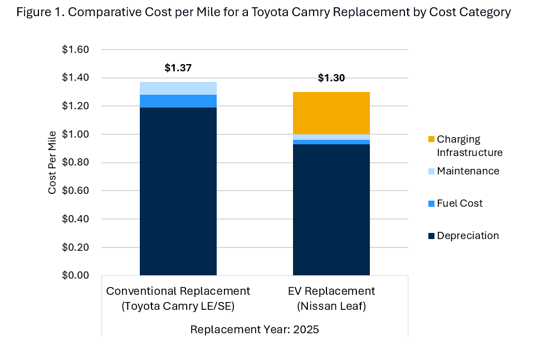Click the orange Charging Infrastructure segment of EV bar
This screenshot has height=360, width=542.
coord(331,113)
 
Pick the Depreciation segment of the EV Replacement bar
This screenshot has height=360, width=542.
coord(331,210)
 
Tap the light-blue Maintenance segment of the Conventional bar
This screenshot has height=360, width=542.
coord(178,88)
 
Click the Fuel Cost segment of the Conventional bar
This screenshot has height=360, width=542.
coord(178,101)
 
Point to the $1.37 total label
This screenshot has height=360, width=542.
coord(178,68)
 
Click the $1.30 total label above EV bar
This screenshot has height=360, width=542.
coord(331,78)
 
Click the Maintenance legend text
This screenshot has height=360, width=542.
coord(468,171)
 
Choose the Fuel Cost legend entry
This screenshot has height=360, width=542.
coord(460,203)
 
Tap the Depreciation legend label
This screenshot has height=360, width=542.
coord(468,236)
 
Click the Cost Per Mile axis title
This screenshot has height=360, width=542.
coord(52,162)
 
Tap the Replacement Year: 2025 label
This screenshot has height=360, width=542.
coord(255,329)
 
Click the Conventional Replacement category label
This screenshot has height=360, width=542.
coord(178,291)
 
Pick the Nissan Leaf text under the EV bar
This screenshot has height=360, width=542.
coord(331,307)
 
